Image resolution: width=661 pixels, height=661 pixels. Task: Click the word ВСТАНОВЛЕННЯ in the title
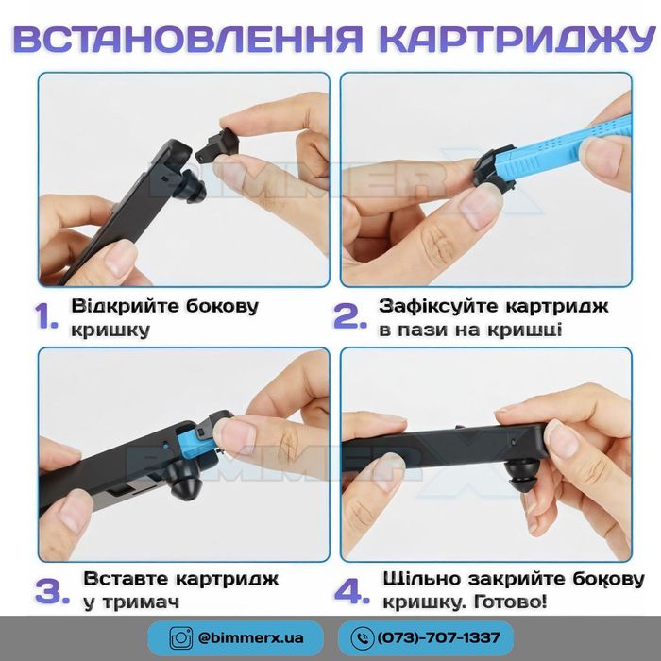(x=188, y=40)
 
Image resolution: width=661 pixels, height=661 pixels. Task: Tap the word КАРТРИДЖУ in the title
(x=517, y=40)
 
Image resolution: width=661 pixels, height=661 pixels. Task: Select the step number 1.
(x=46, y=316)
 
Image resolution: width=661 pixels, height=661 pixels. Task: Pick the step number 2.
(x=349, y=316)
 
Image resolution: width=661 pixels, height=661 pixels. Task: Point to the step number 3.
(x=51, y=591)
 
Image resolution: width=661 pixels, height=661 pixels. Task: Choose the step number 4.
(x=351, y=591)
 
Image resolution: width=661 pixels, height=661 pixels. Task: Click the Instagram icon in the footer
(x=181, y=637)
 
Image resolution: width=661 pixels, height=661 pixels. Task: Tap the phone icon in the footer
(x=362, y=637)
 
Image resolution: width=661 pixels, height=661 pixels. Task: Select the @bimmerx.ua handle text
(x=250, y=637)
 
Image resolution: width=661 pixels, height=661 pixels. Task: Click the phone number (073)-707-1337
(x=438, y=637)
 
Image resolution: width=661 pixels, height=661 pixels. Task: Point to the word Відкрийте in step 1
(x=126, y=306)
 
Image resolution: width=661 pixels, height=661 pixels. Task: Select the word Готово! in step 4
(x=510, y=602)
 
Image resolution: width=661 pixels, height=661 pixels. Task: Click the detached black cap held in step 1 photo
(x=218, y=144)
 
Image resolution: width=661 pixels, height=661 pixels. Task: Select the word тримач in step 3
(x=142, y=602)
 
